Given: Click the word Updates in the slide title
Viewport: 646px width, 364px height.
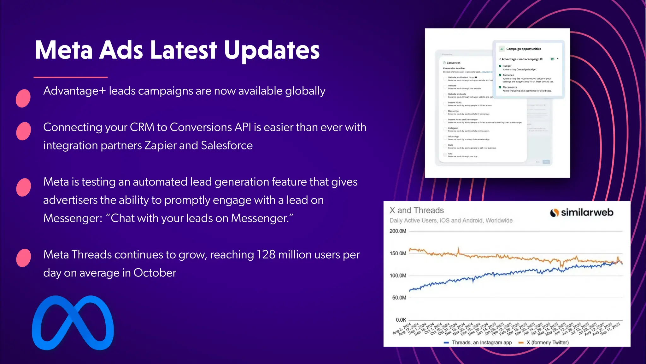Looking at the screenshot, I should click(272, 51).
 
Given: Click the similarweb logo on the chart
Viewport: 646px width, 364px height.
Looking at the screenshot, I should click(582, 213).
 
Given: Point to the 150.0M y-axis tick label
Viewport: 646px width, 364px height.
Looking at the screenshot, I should click(398, 253).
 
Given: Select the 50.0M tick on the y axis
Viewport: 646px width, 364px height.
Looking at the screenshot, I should click(399, 298).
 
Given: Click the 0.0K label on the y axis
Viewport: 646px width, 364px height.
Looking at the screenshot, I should click(401, 320).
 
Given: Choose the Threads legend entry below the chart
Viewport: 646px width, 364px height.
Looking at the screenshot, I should click(478, 343).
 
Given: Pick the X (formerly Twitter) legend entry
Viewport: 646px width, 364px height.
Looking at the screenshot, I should click(544, 343).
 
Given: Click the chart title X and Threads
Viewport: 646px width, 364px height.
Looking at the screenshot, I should click(416, 210).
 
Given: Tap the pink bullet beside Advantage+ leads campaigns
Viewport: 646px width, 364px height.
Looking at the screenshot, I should click(23, 98).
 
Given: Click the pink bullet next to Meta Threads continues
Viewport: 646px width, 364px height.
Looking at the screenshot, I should click(23, 258).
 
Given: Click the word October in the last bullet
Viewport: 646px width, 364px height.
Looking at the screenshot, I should click(155, 273).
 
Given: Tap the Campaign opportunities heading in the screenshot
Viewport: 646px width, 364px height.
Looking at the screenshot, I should click(523, 49).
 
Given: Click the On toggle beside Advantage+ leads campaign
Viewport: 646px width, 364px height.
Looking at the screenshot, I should click(552, 59).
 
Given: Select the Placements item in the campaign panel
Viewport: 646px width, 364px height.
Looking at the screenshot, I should click(509, 87).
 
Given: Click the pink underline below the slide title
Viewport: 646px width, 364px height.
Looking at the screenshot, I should click(71, 77).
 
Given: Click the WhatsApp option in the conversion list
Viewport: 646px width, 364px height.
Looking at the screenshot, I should click(453, 137).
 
